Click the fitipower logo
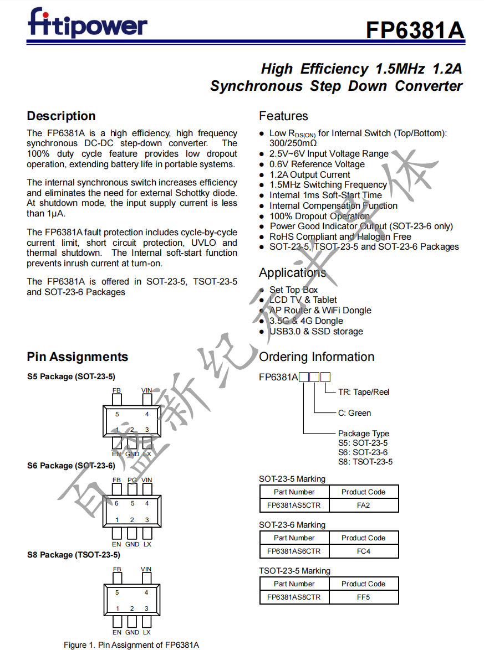[x=88, y=24]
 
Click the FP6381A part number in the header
[x=415, y=30]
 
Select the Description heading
[x=61, y=116]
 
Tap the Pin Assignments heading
[x=77, y=357]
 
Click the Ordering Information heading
[x=317, y=357]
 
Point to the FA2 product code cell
[x=363, y=505]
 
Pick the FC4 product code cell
[x=363, y=551]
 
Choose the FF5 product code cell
[x=363, y=597]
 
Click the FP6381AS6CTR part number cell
[x=294, y=551]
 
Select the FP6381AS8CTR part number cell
[x=294, y=597]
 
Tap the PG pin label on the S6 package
[x=132, y=480]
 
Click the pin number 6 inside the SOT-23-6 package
[x=117, y=503]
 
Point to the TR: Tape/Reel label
[x=364, y=392]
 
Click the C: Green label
[x=354, y=413]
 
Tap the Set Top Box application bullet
[x=293, y=290]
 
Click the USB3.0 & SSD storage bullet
[x=316, y=331]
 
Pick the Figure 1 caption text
[x=131, y=644]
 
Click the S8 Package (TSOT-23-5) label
[x=73, y=555]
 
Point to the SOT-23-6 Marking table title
[x=292, y=525]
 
